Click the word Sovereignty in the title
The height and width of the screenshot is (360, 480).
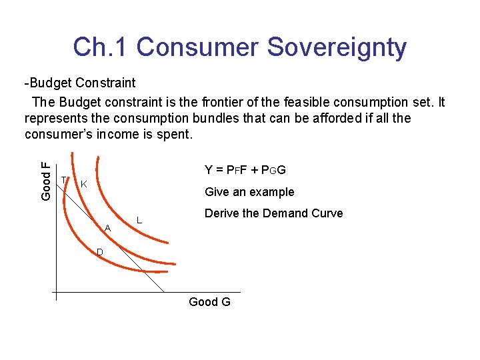pos(337,47)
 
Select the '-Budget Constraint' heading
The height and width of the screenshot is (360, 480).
pos(79,83)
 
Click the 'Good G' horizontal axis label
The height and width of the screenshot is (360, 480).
pos(209,302)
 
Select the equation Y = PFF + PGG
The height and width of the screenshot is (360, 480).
pos(245,170)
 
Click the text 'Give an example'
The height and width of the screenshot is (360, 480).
pos(249,192)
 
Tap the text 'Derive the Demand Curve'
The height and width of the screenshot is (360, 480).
pos(273,213)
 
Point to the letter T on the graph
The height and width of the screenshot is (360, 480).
pos(63,179)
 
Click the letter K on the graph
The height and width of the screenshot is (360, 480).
pos(83,184)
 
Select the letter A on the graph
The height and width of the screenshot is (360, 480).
pos(107,229)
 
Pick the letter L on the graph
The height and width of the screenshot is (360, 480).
pos(139,220)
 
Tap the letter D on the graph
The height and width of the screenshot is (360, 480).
pos(99,252)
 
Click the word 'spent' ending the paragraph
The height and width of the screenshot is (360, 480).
pos(176,135)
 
